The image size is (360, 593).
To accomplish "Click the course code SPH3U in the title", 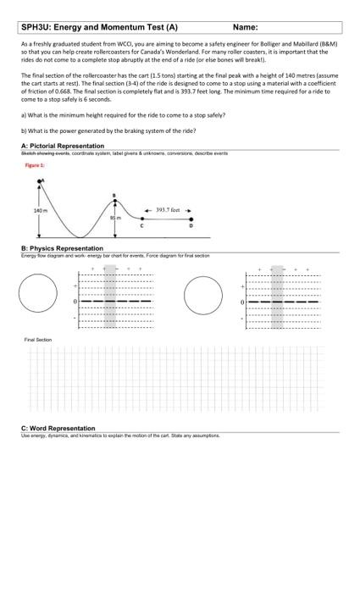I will [37, 27].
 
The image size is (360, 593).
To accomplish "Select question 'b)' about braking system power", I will [108, 130].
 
